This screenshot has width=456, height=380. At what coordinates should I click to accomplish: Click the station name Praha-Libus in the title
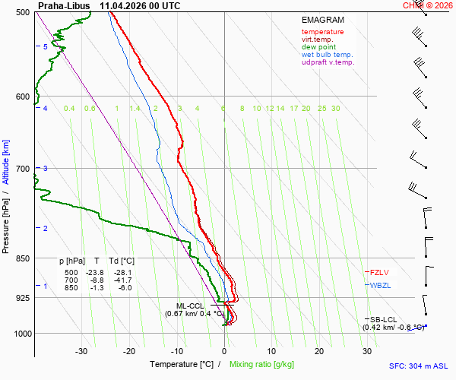click(x=64, y=6)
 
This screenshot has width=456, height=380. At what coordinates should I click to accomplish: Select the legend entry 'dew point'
click(x=318, y=47)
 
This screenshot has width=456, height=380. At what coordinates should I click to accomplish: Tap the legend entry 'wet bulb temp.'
click(x=327, y=55)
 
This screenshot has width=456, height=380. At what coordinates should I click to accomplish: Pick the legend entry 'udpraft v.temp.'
click(x=328, y=62)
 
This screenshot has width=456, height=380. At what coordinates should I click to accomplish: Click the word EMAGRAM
click(x=323, y=20)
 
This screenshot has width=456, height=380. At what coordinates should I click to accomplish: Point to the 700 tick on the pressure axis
click(x=23, y=169)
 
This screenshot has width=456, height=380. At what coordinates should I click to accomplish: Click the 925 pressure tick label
click(x=23, y=298)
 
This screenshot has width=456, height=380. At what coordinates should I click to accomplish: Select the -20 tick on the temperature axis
click(x=129, y=352)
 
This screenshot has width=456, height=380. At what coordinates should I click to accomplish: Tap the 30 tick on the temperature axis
click(x=367, y=352)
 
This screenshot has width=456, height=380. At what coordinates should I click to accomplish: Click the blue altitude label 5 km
click(x=45, y=46)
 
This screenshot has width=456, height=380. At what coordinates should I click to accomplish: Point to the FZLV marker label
click(x=379, y=272)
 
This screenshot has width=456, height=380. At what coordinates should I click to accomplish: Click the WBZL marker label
click(x=380, y=286)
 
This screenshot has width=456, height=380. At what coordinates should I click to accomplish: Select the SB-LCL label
click(x=383, y=320)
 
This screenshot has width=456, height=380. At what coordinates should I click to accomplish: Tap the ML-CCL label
click(x=190, y=306)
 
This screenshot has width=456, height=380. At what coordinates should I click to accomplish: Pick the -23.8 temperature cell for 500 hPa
click(x=95, y=273)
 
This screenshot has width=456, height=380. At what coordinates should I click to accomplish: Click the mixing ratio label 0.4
click(x=69, y=109)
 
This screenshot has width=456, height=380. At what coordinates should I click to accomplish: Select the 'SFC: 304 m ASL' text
click(x=419, y=366)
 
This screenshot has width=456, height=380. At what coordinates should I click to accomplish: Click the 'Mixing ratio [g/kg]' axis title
click(x=261, y=364)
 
